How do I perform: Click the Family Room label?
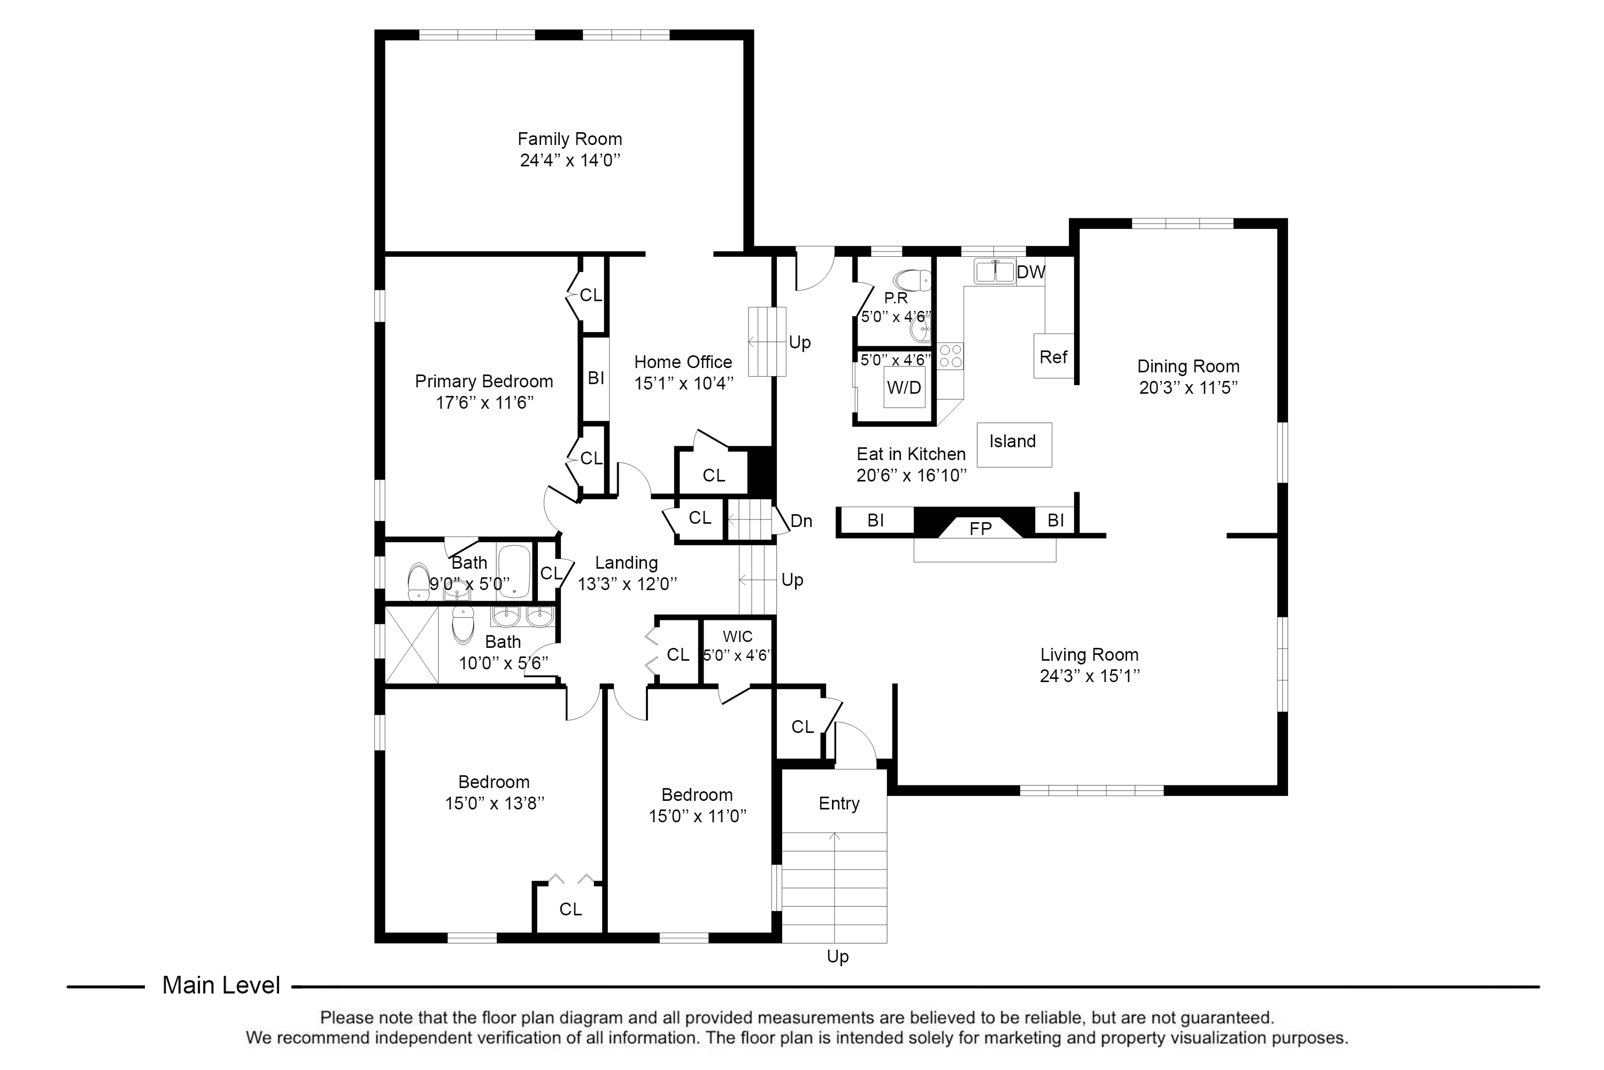(569, 139)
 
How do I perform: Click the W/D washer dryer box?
(904, 387)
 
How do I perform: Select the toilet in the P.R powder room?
(913, 280)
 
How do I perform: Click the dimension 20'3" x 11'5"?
(1188, 387)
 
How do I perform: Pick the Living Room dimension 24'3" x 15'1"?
(1089, 676)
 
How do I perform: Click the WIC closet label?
(737, 637)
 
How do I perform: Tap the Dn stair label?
(801, 521)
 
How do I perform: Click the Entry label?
(838, 804)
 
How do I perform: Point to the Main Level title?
(221, 985)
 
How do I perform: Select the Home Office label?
(683, 362)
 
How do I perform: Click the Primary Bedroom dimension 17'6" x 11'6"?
(484, 403)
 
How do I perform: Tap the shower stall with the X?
(412, 645)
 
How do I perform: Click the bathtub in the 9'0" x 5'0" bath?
(513, 571)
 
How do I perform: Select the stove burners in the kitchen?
(950, 356)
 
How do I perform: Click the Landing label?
(626, 563)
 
